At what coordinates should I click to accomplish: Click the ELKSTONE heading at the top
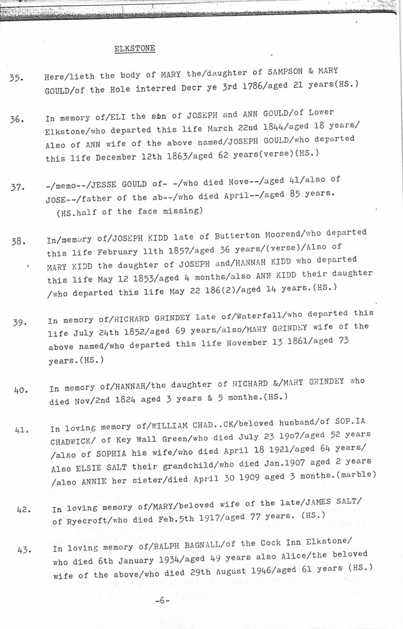click(135, 48)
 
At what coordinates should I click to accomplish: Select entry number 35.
click(16, 79)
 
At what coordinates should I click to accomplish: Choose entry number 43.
click(24, 550)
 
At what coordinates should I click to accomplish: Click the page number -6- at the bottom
click(162, 600)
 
